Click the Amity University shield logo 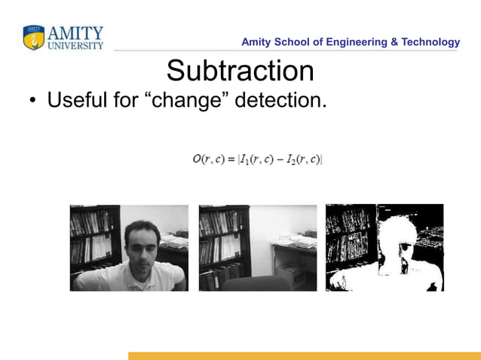(x=34, y=38)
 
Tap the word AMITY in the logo (x=75, y=33)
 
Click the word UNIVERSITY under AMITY (x=75, y=45)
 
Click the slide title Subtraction (x=240, y=72)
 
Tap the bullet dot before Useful (x=33, y=100)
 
